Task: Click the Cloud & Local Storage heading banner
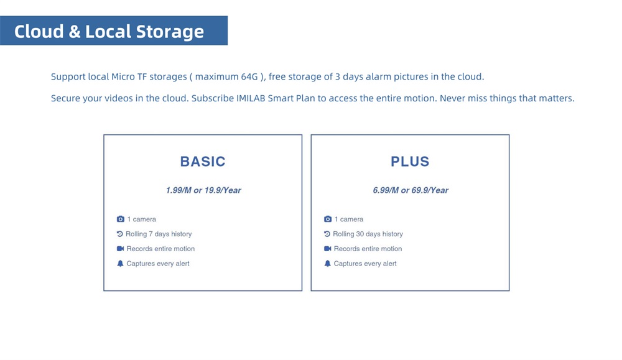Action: click(114, 30)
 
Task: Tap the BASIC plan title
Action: click(203, 162)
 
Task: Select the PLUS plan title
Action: click(410, 162)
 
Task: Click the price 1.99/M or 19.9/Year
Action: click(203, 190)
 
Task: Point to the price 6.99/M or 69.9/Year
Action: click(410, 190)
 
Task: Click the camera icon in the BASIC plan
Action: click(120, 219)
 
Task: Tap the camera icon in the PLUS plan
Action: click(327, 219)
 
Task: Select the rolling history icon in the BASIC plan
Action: click(120, 234)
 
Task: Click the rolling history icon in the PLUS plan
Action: click(327, 234)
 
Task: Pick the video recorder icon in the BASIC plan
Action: click(120, 249)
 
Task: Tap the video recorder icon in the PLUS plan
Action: click(327, 249)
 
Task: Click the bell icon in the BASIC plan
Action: click(120, 263)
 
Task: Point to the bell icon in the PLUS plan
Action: click(327, 263)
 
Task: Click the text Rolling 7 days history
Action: click(159, 234)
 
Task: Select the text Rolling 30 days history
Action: click(368, 234)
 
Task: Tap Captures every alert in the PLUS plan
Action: click(365, 264)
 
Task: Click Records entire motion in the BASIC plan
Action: click(160, 249)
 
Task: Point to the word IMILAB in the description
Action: click(251, 98)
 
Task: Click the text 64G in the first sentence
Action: click(249, 76)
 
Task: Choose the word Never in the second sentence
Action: click(452, 98)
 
